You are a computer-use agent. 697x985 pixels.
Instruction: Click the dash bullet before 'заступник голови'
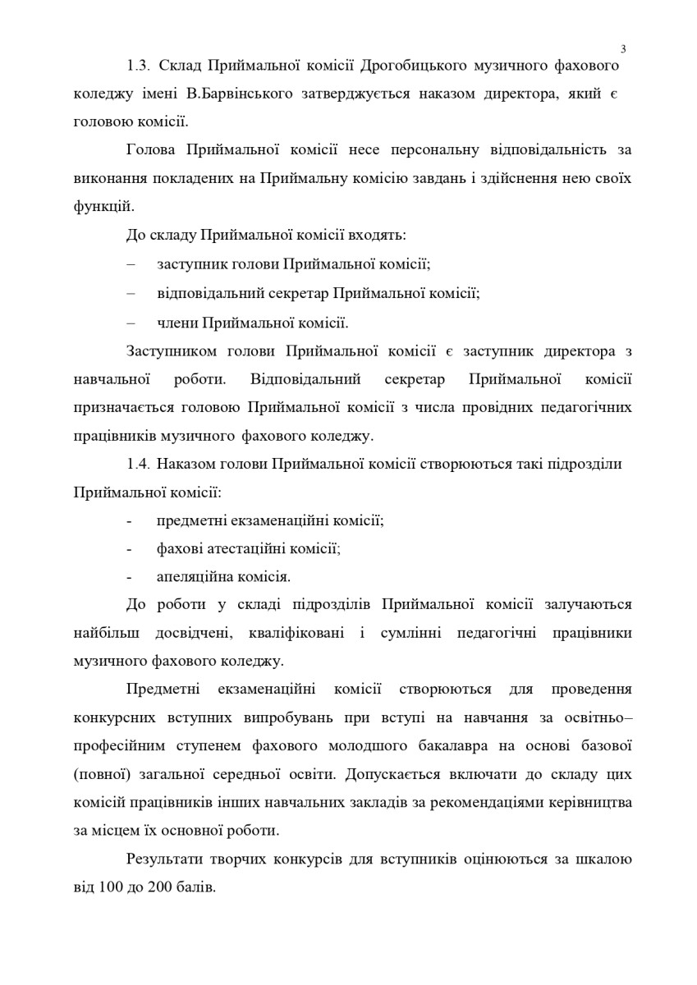click(131, 263)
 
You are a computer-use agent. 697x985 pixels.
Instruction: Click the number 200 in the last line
click(157, 887)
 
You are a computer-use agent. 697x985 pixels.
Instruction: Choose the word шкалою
click(603, 859)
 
